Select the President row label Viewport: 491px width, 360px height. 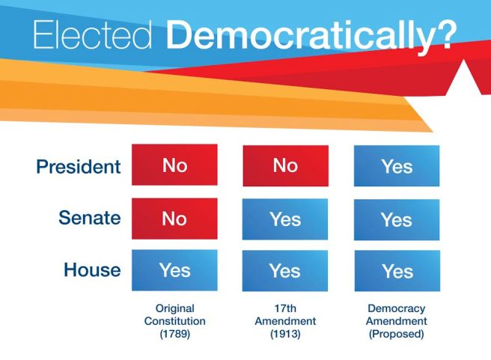click(78, 166)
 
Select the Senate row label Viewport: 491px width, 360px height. click(89, 218)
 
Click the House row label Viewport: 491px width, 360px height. click(92, 269)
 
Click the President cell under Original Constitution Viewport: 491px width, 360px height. click(174, 165)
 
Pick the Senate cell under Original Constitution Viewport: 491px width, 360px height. click(174, 219)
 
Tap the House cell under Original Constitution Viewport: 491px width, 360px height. click(174, 270)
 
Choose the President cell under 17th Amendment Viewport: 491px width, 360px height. click(285, 165)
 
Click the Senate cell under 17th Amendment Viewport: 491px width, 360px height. click(285, 219)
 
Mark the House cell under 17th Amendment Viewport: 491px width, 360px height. click(285, 271)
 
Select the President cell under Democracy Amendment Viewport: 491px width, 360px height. click(397, 166)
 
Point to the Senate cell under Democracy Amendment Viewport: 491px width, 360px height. click(397, 220)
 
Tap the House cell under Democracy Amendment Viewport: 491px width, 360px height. click(397, 271)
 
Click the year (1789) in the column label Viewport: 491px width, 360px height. click(174, 335)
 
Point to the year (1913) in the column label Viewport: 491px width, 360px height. click(284, 335)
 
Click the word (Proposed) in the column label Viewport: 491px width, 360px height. click(397, 335)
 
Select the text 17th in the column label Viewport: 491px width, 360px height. click(284, 308)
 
